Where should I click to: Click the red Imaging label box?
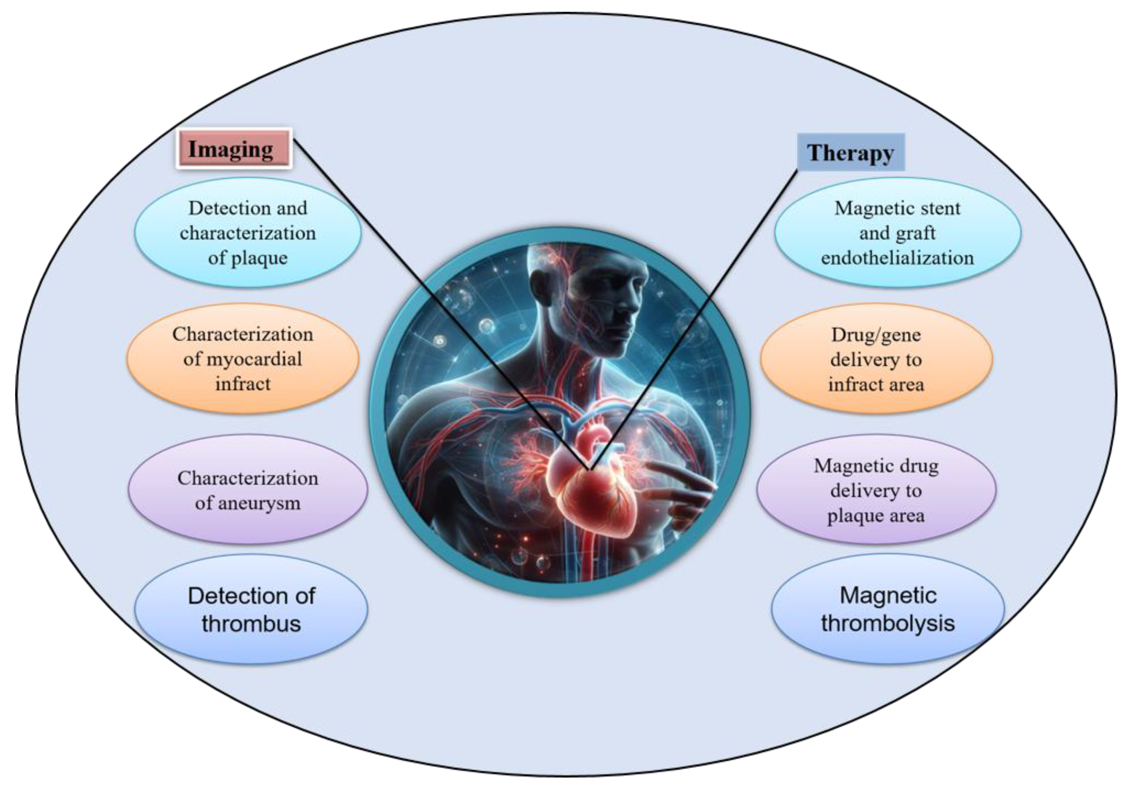[x=234, y=149]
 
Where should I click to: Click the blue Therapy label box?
[x=850, y=152]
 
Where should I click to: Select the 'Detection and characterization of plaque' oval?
[x=248, y=233]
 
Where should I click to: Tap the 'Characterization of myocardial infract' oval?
[x=243, y=359]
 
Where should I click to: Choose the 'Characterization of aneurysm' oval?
[x=248, y=490]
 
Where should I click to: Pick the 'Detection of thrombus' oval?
[x=251, y=609]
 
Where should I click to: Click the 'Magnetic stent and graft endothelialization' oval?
[x=897, y=233]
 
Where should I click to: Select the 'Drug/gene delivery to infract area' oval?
[x=876, y=359]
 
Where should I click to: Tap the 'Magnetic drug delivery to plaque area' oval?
[x=876, y=490]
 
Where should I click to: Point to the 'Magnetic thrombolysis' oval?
[x=887, y=609]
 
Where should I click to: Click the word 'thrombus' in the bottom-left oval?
[x=251, y=623]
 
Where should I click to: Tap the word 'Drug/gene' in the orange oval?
[x=876, y=334]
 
